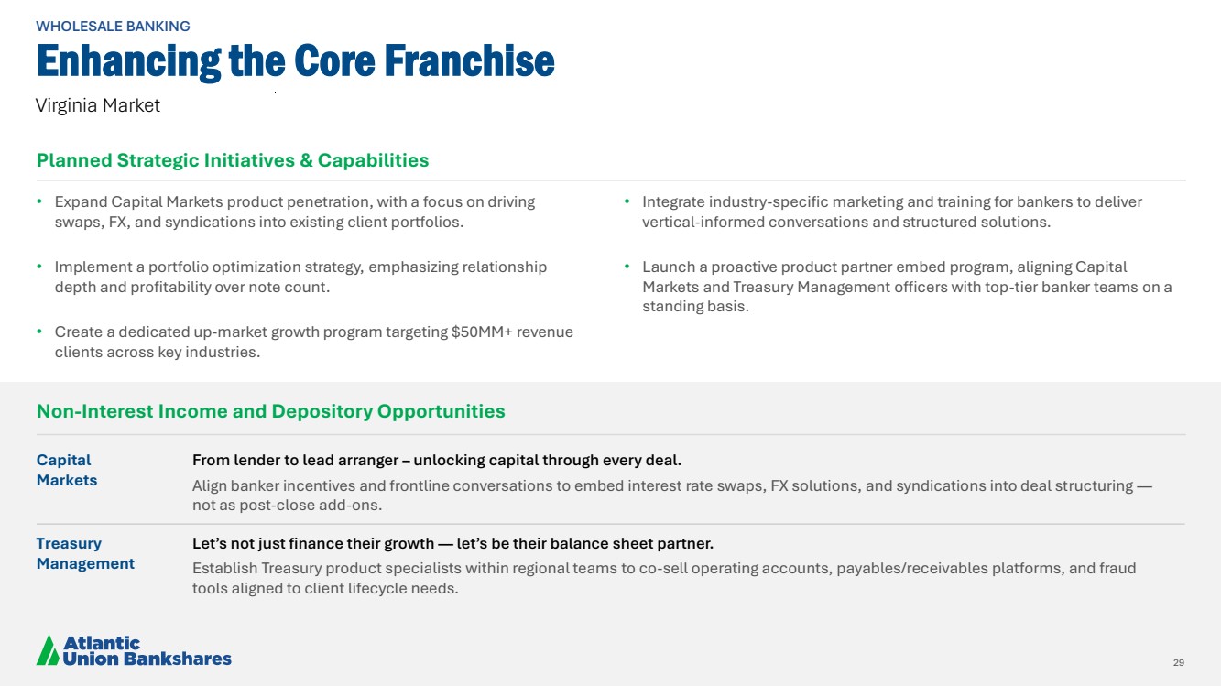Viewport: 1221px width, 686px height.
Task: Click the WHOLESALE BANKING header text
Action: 113,27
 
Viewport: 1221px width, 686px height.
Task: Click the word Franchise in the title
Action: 469,60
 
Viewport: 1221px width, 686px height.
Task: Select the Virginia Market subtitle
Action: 98,105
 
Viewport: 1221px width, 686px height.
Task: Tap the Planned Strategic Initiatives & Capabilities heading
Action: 233,160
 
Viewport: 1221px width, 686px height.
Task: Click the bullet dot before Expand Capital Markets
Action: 39,201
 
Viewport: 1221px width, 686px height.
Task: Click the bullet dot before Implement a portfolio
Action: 39,267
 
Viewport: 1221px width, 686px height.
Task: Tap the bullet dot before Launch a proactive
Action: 627,267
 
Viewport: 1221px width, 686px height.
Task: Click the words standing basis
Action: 695,306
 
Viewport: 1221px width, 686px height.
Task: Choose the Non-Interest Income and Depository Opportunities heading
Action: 271,411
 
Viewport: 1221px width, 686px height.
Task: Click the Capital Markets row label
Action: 67,470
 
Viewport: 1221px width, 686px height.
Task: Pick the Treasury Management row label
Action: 85,553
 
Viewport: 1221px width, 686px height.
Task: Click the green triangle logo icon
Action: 48,649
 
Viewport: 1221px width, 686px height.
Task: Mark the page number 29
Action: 1179,662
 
